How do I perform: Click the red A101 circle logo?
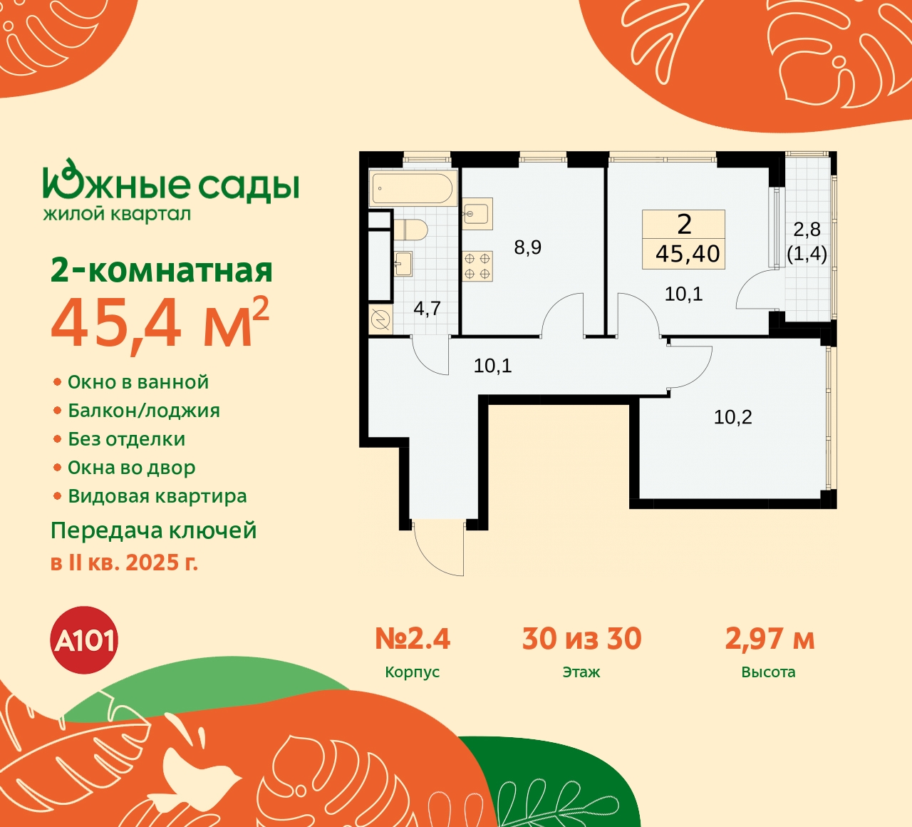click(85, 640)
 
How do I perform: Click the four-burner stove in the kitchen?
click(477, 266)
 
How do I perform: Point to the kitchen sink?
click(477, 212)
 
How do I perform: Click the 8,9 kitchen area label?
click(527, 247)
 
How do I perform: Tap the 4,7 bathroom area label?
click(427, 309)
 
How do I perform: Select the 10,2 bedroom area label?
click(732, 417)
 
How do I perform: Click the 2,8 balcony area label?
click(807, 230)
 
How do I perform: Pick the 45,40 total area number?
click(688, 254)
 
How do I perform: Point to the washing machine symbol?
click(380, 320)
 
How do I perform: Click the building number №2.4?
click(413, 639)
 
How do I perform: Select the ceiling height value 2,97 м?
click(769, 639)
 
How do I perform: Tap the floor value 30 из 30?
click(581, 639)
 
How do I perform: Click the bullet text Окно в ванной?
click(138, 382)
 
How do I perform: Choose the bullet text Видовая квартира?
click(157, 496)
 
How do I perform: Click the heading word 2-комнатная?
click(162, 271)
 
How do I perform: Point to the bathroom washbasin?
click(403, 263)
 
